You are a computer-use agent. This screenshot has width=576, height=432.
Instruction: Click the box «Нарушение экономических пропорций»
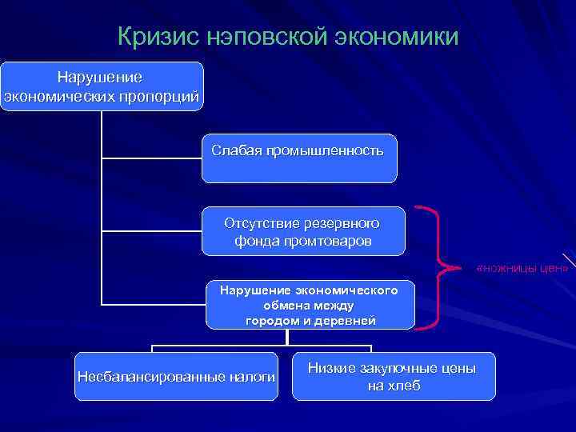[x=102, y=86]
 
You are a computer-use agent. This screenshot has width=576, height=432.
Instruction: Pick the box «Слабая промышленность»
[x=298, y=158]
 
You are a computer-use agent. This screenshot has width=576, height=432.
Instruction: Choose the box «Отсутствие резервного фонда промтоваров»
[x=302, y=231]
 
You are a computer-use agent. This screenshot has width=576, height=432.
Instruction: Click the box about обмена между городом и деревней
[x=310, y=305]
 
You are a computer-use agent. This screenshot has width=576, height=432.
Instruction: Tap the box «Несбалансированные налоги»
[x=176, y=376]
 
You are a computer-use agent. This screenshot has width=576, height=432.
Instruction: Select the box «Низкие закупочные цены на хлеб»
[x=393, y=376]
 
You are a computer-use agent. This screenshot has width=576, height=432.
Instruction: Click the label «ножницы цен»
[x=522, y=267]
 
